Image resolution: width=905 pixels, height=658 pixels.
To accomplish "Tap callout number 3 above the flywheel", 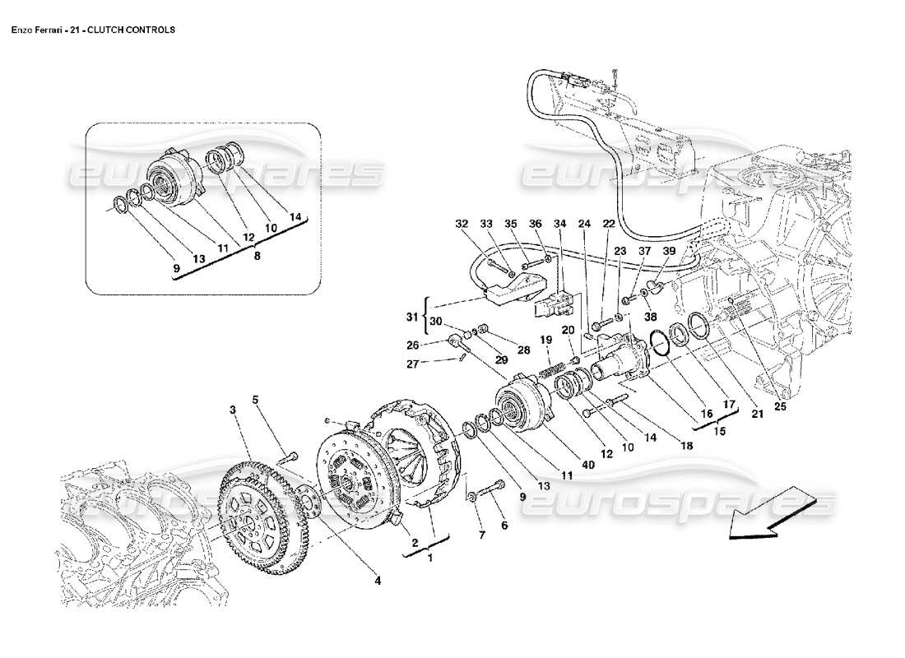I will (233, 409).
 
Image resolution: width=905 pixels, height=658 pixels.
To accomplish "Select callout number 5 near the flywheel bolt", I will (255, 401).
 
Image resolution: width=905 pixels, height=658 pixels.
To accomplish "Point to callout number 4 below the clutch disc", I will (378, 581).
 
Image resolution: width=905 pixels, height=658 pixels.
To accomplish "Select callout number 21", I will (758, 415).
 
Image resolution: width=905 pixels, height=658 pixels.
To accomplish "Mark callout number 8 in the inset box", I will (257, 256).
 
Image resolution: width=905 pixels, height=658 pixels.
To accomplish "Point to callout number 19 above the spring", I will (545, 340).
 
